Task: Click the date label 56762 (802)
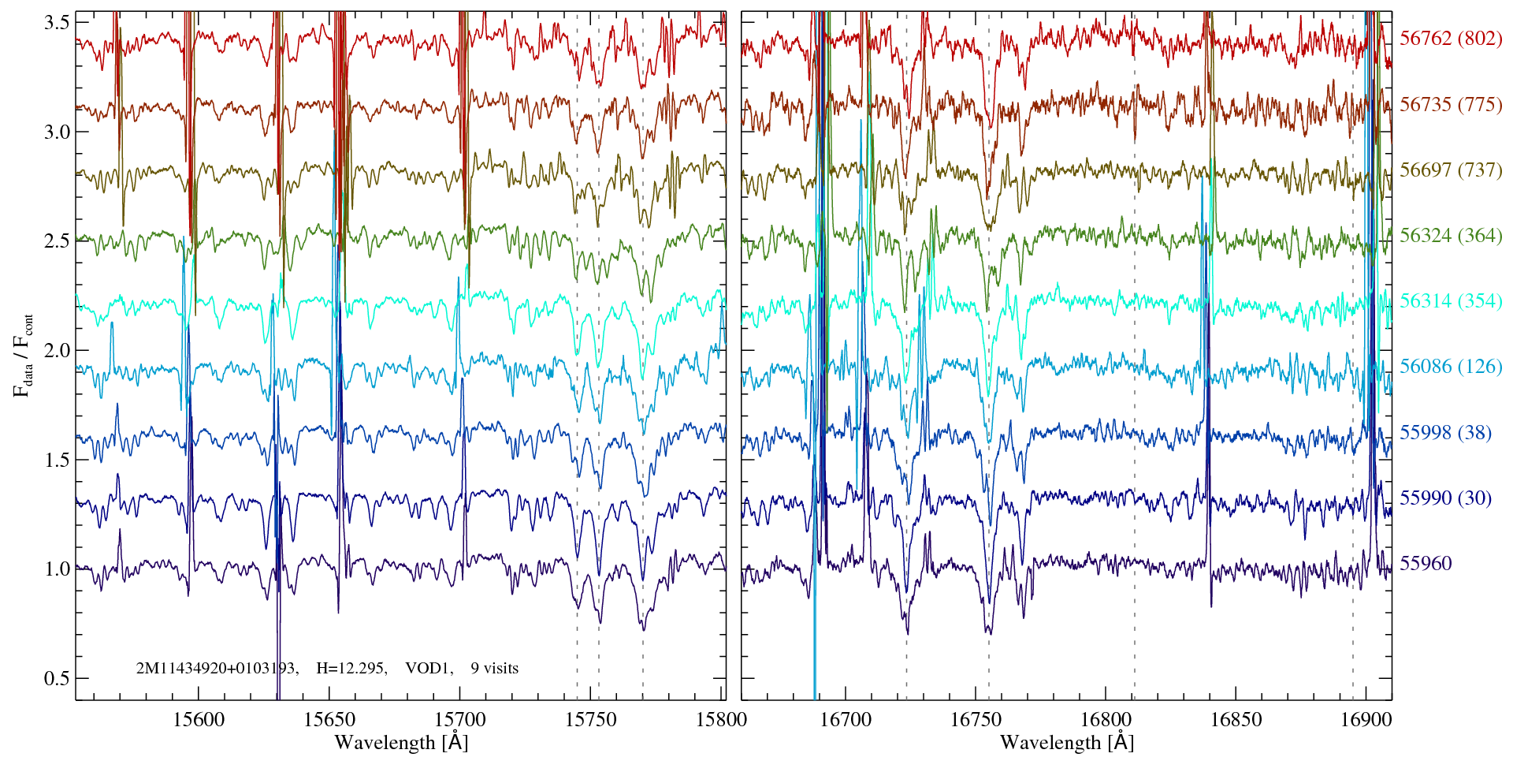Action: click(1451, 38)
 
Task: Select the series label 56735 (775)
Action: click(1451, 104)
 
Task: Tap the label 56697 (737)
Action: click(1451, 170)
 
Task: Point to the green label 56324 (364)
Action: click(1451, 235)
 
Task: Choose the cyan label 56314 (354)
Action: click(1451, 300)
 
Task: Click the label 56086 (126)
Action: click(1451, 366)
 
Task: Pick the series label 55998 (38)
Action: click(1445, 432)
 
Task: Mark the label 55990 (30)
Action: click(1445, 498)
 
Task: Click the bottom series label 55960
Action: click(1426, 563)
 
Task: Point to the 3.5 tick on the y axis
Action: click(57, 23)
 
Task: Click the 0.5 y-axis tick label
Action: click(57, 678)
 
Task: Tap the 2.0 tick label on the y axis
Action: click(57, 350)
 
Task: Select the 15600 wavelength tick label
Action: click(199, 719)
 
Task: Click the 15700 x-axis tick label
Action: click(460, 719)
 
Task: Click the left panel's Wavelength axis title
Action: click(401, 742)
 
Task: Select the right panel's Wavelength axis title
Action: click(1067, 742)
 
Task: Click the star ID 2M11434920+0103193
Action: click(215, 668)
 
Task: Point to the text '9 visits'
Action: click(495, 668)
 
